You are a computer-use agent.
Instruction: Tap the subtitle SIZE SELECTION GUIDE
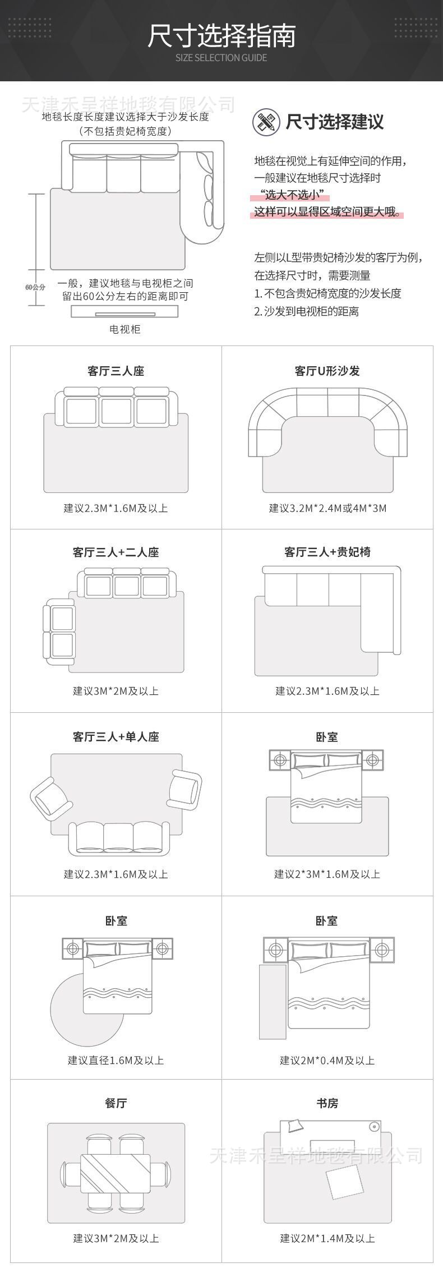pos(221,58)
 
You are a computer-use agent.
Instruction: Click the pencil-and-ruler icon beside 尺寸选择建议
pos(266,122)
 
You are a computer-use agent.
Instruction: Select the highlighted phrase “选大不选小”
pos(290,195)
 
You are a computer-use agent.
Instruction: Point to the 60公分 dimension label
pos(35,287)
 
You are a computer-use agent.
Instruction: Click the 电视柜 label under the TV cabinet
pos(124,329)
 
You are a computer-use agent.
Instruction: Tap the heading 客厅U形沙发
pos(327,371)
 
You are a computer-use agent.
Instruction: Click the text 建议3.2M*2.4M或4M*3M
pos(327,508)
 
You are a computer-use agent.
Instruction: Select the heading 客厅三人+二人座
pos(116,552)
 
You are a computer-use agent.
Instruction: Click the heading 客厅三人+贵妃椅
pos(327,552)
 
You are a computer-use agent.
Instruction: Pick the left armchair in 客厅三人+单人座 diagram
pos(50,797)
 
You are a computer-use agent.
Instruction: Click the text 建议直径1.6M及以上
pos(116,1060)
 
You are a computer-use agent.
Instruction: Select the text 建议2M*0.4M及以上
pos(327,1060)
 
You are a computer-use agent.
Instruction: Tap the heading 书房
pos(327,1103)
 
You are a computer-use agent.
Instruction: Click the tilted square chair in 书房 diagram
pos(345,1181)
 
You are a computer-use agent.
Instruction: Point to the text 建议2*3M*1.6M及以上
pos(327,874)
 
